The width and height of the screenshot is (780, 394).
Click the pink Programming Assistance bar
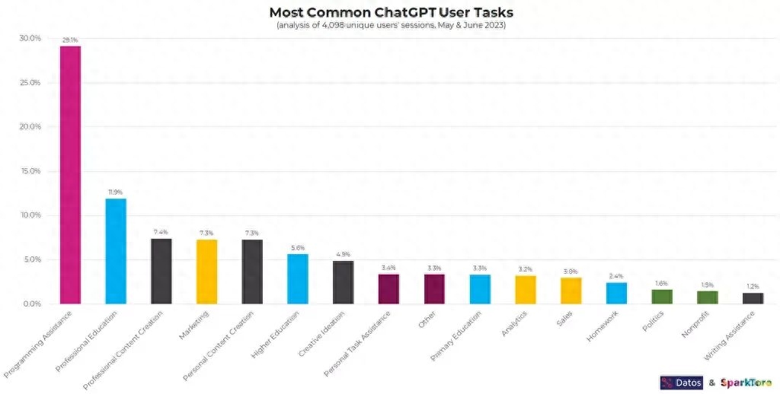click(x=70, y=175)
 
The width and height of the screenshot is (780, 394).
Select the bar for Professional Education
click(x=116, y=251)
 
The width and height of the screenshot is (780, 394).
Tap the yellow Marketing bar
click(x=206, y=272)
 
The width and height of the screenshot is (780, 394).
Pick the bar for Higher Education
click(x=298, y=278)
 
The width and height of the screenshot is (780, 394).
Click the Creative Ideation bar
click(x=344, y=282)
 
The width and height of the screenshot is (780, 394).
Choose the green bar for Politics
click(x=662, y=297)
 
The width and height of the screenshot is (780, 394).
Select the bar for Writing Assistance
click(x=753, y=298)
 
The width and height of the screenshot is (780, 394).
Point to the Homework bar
click(x=616, y=293)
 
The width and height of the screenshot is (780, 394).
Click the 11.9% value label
click(x=116, y=192)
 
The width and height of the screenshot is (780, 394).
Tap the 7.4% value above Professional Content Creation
click(x=161, y=232)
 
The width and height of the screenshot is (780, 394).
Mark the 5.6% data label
click(x=298, y=248)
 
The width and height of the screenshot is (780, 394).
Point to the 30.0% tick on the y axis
click(x=30, y=38)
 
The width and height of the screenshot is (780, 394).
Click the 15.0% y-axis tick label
click(x=30, y=171)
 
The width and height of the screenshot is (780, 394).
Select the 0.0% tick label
click(x=32, y=304)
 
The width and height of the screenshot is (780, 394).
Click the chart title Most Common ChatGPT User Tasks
click(x=391, y=12)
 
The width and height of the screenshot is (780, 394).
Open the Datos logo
click(x=681, y=383)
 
